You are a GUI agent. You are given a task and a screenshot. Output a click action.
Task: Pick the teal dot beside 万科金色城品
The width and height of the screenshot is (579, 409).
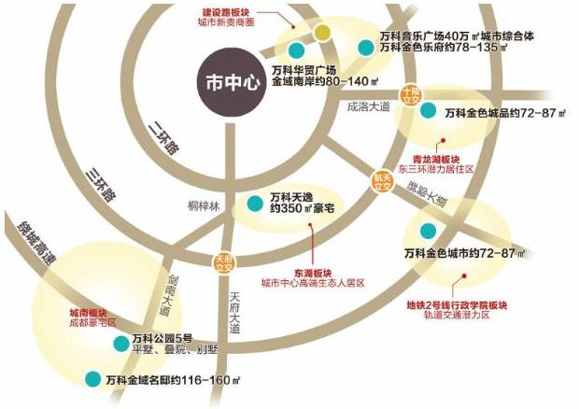(x=429, y=111)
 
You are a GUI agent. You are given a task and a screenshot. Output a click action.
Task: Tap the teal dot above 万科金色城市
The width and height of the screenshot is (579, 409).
(x=428, y=231)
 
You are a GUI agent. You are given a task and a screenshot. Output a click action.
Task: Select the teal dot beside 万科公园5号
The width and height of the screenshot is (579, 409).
(x=120, y=344)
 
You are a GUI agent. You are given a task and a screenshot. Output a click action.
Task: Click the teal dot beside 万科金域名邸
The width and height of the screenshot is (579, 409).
(x=92, y=379)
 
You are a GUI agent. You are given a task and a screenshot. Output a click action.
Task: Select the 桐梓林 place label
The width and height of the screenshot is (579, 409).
(x=201, y=206)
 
